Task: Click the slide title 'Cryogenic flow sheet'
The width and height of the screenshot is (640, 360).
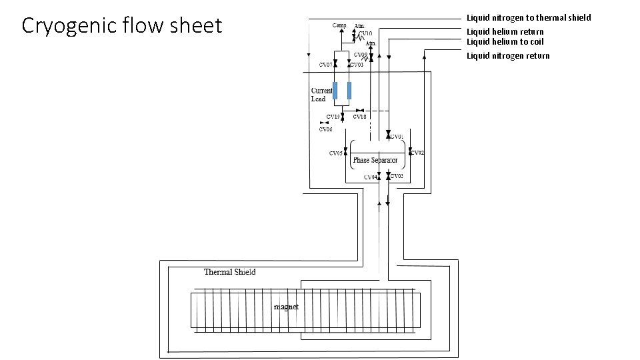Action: point(121,26)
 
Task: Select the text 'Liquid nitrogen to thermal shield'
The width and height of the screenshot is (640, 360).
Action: point(528,17)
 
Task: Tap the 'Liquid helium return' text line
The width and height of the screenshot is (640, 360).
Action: point(505,31)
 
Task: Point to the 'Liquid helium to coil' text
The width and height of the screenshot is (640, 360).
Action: point(505,42)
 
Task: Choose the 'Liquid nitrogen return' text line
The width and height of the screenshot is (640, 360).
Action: point(508,55)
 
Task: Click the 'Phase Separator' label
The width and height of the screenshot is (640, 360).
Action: point(375,161)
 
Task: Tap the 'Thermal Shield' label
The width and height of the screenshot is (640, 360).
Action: point(229,272)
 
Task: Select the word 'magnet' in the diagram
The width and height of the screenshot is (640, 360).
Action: point(286,307)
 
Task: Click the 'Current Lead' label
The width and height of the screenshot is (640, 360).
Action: point(321,95)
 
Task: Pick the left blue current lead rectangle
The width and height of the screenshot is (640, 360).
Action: point(335,91)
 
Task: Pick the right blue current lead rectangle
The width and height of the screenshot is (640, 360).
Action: point(349,91)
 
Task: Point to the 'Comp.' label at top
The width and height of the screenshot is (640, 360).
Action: point(341,25)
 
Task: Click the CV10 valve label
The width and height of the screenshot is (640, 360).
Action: point(365,33)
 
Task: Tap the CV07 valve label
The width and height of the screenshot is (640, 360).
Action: point(325,65)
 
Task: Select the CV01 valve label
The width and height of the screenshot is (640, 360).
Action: point(397,137)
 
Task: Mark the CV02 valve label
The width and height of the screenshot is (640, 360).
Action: point(417,153)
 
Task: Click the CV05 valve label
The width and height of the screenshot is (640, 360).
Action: point(336,153)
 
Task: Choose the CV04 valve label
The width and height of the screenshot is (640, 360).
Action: point(370,177)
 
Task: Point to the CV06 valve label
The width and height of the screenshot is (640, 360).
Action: point(325,129)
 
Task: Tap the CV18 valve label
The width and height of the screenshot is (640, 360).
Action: point(359,117)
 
